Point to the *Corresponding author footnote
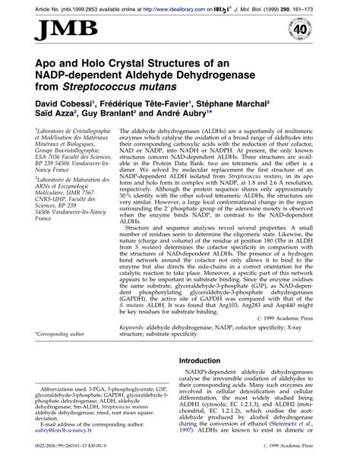[x=49, y=314]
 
